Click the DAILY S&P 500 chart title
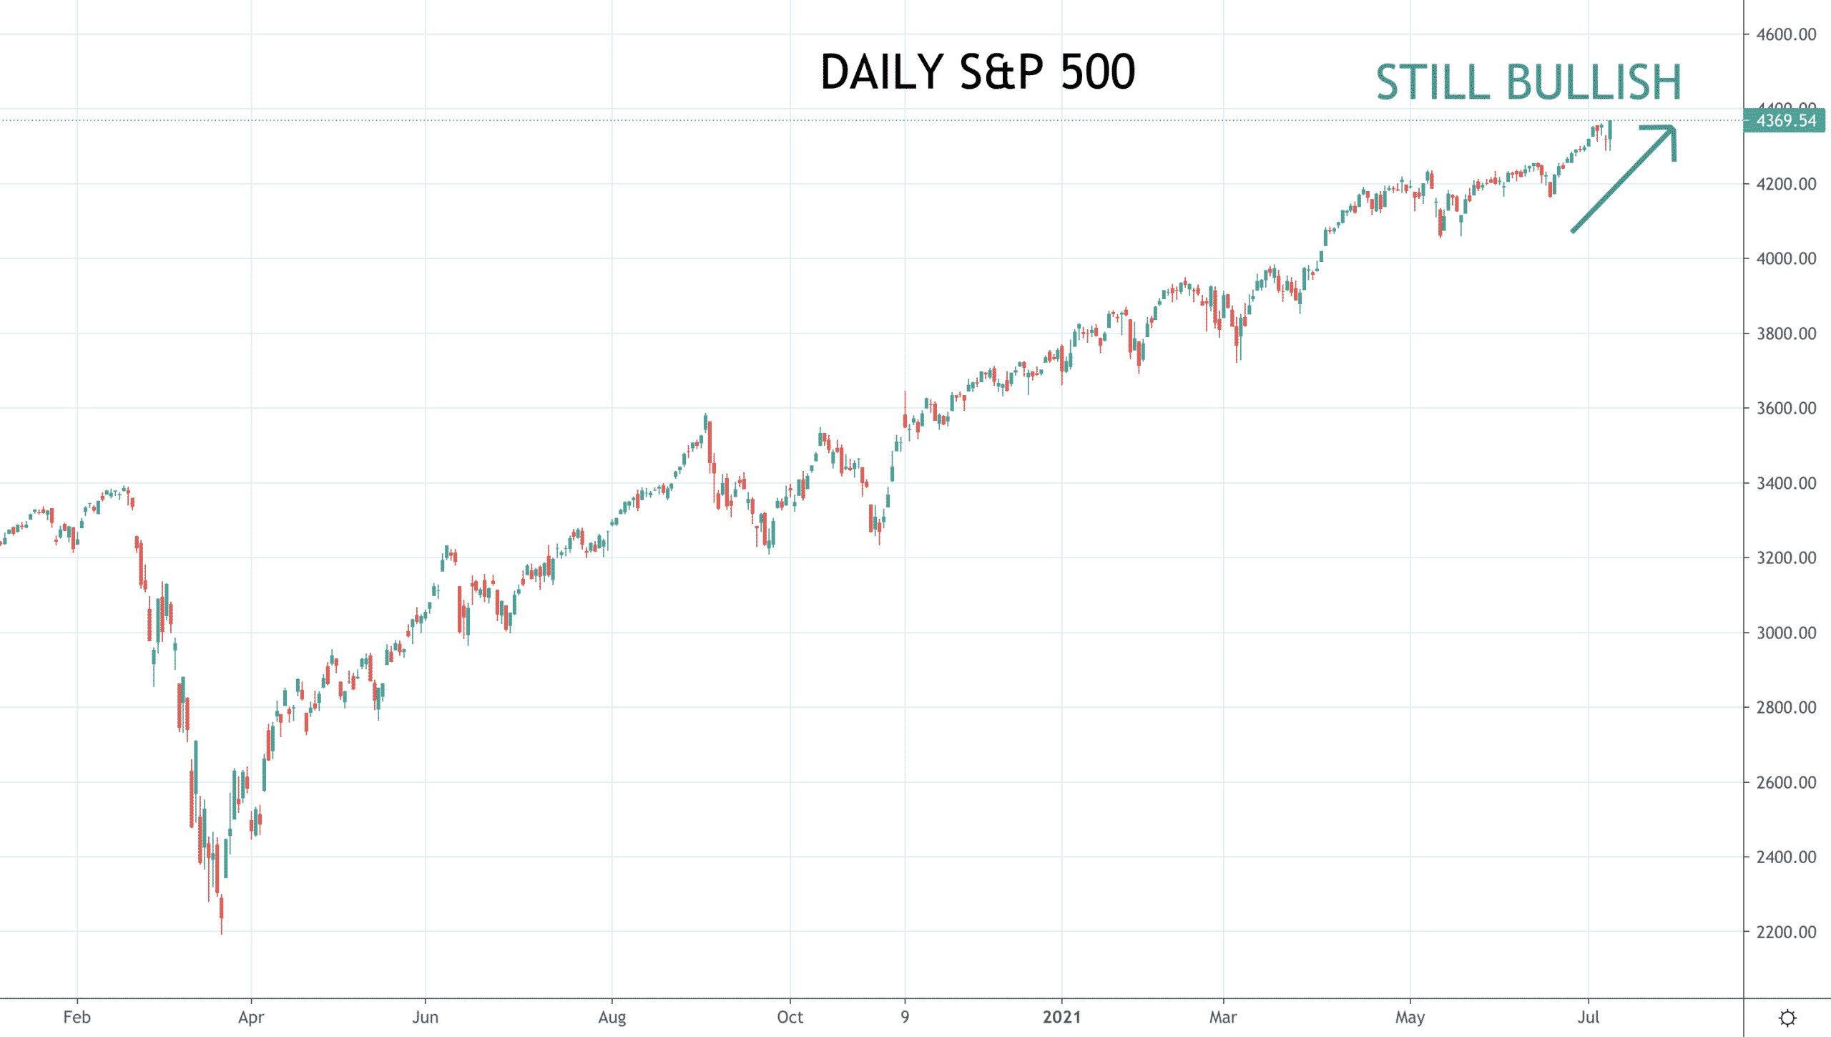click(977, 72)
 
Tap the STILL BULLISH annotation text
click(1528, 82)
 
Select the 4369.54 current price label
click(1785, 120)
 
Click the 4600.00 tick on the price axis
click(1785, 34)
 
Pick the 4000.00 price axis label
click(1785, 258)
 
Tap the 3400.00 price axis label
click(1785, 483)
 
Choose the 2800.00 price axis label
click(1785, 707)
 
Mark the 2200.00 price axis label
click(1785, 932)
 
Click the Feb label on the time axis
click(77, 1017)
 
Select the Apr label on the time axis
click(251, 1017)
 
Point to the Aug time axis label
click(612, 1017)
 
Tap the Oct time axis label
click(790, 1017)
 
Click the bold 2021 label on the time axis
click(1061, 1017)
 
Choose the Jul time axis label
click(1588, 1017)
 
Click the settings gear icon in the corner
click(1787, 1018)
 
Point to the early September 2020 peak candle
click(705, 422)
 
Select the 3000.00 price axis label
click(1785, 633)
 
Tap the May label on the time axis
click(1410, 1017)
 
